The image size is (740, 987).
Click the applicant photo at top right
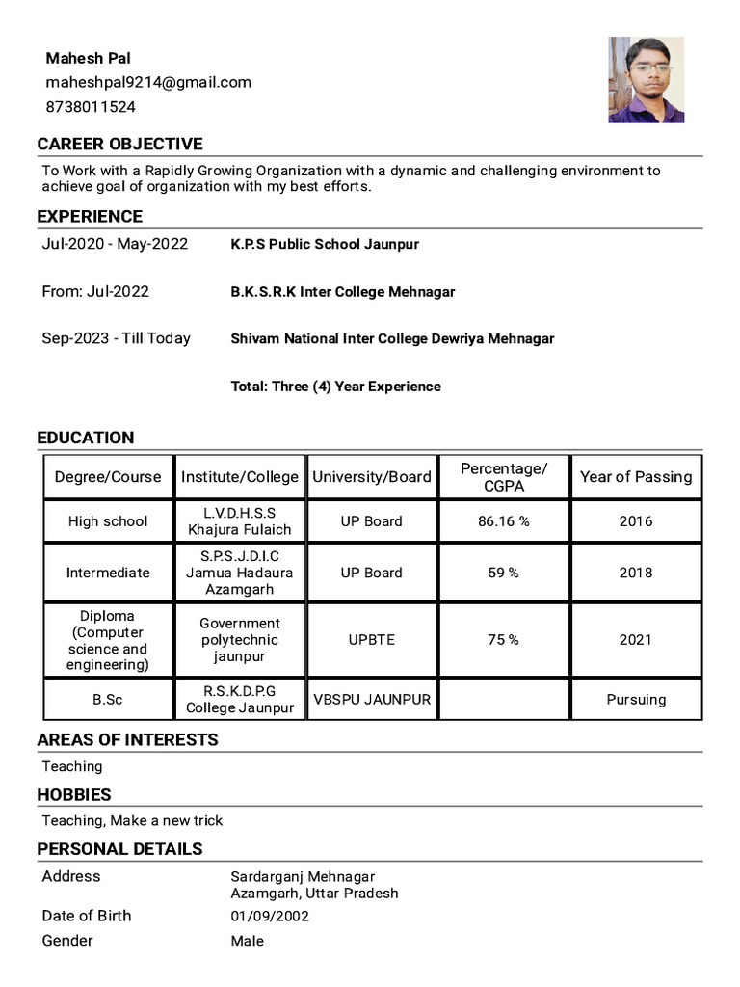[x=646, y=80]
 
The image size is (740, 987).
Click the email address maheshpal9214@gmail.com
[x=148, y=83]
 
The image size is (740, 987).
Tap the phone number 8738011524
[x=91, y=107]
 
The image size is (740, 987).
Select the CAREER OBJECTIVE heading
[x=119, y=145]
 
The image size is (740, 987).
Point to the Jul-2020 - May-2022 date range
[x=115, y=244]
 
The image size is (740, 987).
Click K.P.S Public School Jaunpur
[x=325, y=245]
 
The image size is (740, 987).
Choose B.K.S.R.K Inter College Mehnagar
[x=342, y=292]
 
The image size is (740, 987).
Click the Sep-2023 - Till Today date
[x=116, y=338]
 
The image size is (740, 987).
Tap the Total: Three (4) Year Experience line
[x=335, y=387]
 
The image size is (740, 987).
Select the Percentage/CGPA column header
[x=503, y=477]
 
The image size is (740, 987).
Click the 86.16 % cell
[x=503, y=521]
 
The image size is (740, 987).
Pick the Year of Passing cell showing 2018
[x=635, y=573]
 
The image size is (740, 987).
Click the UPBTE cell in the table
[x=371, y=640]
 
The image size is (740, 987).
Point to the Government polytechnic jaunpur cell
[x=240, y=640]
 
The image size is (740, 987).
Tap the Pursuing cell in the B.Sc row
[x=635, y=700]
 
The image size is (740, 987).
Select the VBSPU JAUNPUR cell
[x=371, y=700]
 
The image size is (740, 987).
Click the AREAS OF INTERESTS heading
[x=127, y=740]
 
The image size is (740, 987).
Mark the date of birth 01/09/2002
[x=270, y=917]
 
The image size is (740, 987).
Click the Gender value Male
[x=247, y=941]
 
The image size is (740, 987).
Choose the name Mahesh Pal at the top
[x=89, y=59]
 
